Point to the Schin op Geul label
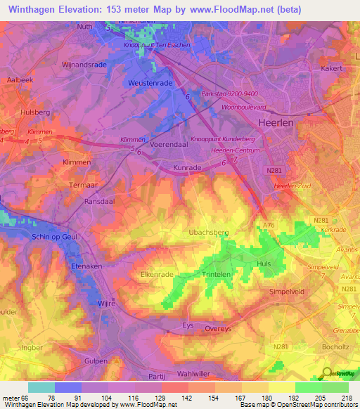coord(59,237)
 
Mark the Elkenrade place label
coord(157,275)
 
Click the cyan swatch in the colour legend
coord(41,387)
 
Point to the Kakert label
coord(330,69)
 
